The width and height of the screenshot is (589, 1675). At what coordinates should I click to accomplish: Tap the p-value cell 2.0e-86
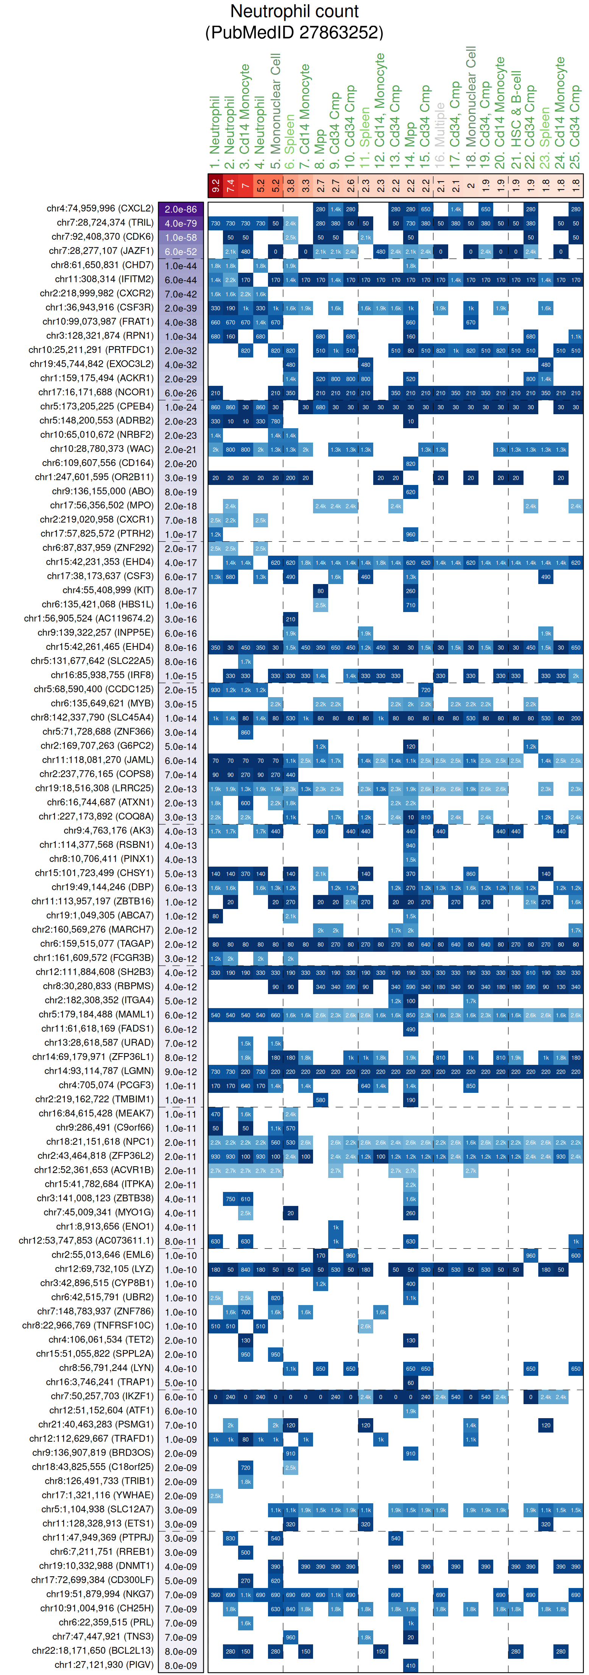pos(180,209)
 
